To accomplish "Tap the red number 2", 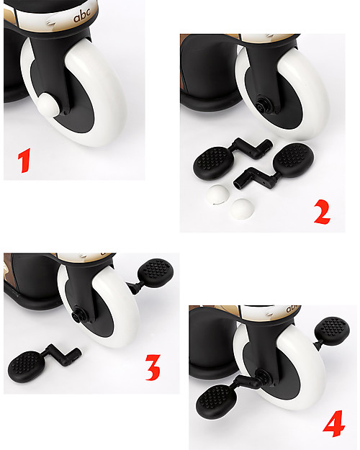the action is click(x=322, y=212).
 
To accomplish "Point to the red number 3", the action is click(x=153, y=367).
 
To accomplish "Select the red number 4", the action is click(x=333, y=423).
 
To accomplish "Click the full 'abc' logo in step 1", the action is click(x=82, y=15).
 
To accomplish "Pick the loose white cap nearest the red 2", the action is click(x=242, y=209).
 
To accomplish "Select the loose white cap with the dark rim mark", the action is click(x=217, y=194).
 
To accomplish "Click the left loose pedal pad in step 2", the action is click(x=211, y=163).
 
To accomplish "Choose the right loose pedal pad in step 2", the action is click(x=293, y=160).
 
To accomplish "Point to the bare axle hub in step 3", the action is click(x=78, y=315).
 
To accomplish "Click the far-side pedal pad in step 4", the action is click(x=332, y=330).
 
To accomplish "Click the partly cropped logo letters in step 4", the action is click(x=293, y=308).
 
